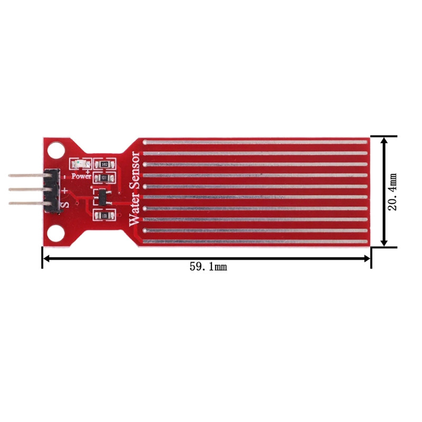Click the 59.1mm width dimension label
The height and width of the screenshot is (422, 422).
click(x=208, y=267)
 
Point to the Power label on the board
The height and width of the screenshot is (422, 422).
click(x=82, y=176)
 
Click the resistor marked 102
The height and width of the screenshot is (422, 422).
click(x=104, y=165)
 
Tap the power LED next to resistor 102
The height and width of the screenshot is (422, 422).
click(x=81, y=164)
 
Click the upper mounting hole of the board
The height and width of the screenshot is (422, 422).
click(x=54, y=151)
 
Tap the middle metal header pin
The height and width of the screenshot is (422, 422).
click(x=26, y=189)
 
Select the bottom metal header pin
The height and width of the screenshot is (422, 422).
click(x=26, y=203)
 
